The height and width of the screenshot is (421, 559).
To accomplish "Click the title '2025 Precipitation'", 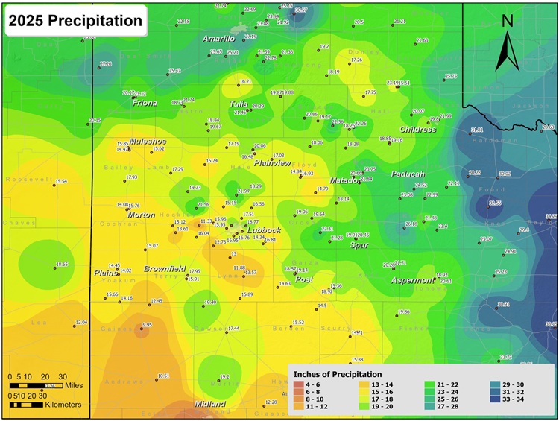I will (75, 21).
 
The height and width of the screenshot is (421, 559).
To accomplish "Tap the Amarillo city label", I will (219, 39).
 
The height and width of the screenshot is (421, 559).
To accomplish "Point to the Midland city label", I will (209, 404).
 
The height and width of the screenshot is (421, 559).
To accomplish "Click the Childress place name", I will (417, 130).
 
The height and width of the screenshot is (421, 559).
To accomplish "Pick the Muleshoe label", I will (148, 141).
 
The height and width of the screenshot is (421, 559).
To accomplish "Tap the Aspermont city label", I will (413, 280).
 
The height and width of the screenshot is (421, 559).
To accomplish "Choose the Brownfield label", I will (164, 268).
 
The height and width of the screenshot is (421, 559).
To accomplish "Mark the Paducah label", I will (408, 174).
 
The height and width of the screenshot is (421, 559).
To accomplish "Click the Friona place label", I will (145, 104).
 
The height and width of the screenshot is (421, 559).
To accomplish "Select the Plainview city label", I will (272, 163).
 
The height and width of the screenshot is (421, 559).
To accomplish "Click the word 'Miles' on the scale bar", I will (72, 386).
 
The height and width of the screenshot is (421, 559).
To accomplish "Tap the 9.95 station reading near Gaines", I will (147, 325).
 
